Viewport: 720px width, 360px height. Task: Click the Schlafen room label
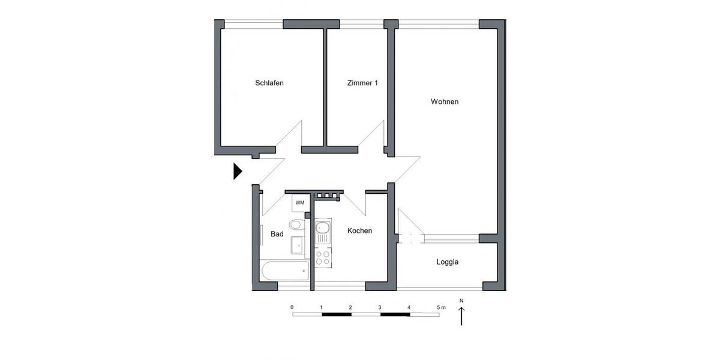(x=269, y=83)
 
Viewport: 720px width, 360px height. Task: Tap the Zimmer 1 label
(x=362, y=83)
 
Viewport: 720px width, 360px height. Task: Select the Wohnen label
(x=445, y=101)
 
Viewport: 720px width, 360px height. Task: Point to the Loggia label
(x=448, y=262)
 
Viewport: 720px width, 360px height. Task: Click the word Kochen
(x=360, y=230)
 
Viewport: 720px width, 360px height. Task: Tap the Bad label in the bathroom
(x=277, y=234)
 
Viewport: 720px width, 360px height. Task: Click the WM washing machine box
(x=299, y=203)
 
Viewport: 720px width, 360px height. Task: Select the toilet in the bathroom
(x=296, y=226)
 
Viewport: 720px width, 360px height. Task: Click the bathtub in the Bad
(x=284, y=271)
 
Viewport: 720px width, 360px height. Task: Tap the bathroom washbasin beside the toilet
(x=298, y=245)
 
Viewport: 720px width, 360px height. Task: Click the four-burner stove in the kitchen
(x=322, y=257)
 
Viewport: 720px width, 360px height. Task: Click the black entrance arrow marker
(x=237, y=172)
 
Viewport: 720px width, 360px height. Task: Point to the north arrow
(x=461, y=316)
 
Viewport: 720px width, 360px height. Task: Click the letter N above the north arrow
(x=461, y=301)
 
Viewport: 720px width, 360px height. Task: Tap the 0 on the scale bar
(x=292, y=307)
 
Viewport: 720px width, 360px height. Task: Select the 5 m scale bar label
(x=441, y=307)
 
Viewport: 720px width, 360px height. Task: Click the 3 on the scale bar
(x=380, y=307)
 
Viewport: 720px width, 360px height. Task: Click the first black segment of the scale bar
(x=336, y=314)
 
